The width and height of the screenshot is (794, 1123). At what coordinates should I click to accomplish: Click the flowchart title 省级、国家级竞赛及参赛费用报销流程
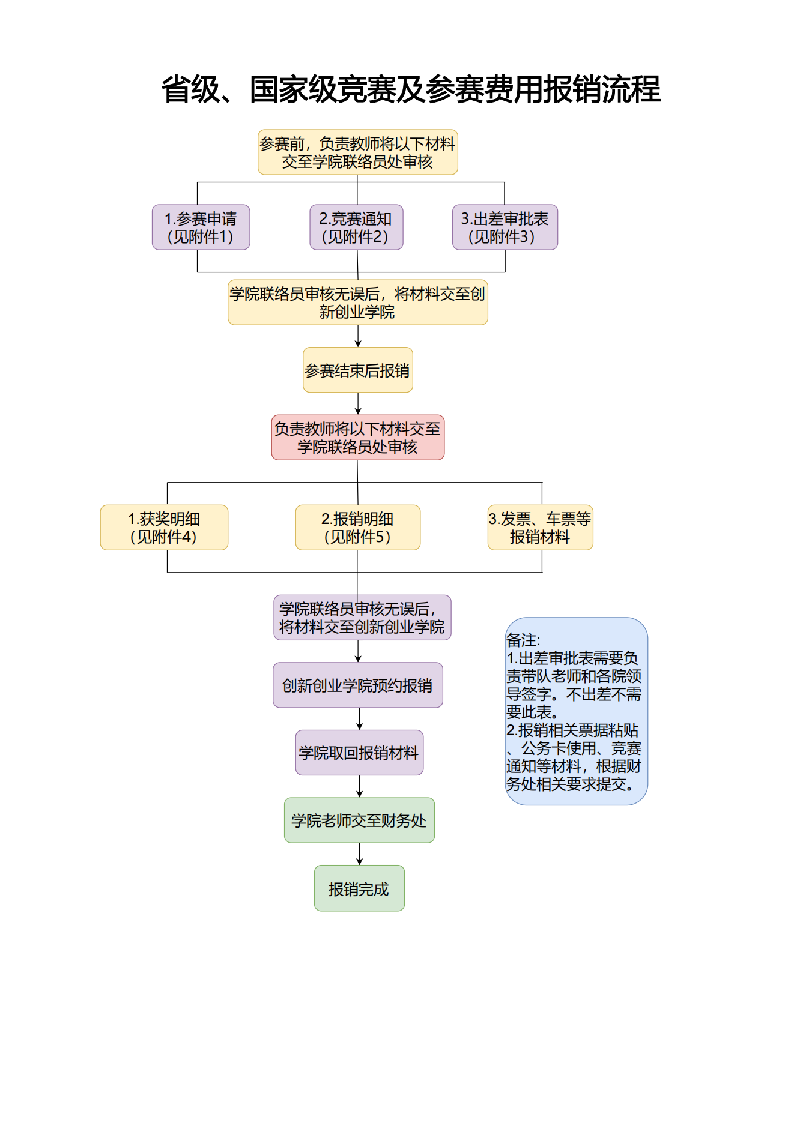pos(411,89)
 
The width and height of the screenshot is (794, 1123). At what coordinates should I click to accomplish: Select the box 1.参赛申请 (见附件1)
pos(201,227)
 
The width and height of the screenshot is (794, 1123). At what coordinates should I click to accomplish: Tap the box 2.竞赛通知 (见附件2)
pos(356,227)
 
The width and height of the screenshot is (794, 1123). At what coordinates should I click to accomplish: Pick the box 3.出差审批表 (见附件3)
pos(505,227)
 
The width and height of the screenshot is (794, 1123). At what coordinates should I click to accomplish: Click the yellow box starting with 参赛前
pos(357,152)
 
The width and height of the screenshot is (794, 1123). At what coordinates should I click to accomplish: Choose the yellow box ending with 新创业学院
pos(357,303)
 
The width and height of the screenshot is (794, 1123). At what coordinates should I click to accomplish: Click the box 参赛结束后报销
pos(357,370)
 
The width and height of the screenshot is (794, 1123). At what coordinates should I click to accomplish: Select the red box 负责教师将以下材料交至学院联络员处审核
pos(357,438)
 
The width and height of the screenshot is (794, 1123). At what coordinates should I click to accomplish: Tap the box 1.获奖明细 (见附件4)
pos(164,528)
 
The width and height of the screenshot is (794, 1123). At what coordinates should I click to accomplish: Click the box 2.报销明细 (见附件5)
pos(357,528)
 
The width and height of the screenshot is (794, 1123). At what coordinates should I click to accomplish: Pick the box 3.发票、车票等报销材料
pos(540,528)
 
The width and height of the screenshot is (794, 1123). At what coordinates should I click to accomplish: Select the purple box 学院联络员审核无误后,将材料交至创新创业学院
pos(362,618)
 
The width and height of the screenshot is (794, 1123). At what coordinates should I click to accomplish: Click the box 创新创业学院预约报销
pos(357,685)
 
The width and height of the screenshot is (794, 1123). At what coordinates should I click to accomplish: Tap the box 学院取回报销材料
pos(359,753)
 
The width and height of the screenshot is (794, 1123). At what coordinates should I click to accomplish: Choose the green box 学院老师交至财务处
pos(359,820)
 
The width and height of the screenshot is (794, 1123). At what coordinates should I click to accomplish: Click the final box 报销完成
pos(359,888)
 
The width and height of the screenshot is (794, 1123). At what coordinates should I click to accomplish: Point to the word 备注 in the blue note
pos(522,640)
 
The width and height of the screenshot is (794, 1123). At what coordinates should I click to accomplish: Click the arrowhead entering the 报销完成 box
pos(359,862)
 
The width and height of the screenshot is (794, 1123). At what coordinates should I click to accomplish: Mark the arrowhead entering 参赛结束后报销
pos(358,344)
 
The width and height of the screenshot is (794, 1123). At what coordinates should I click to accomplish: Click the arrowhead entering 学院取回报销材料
pos(359,727)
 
